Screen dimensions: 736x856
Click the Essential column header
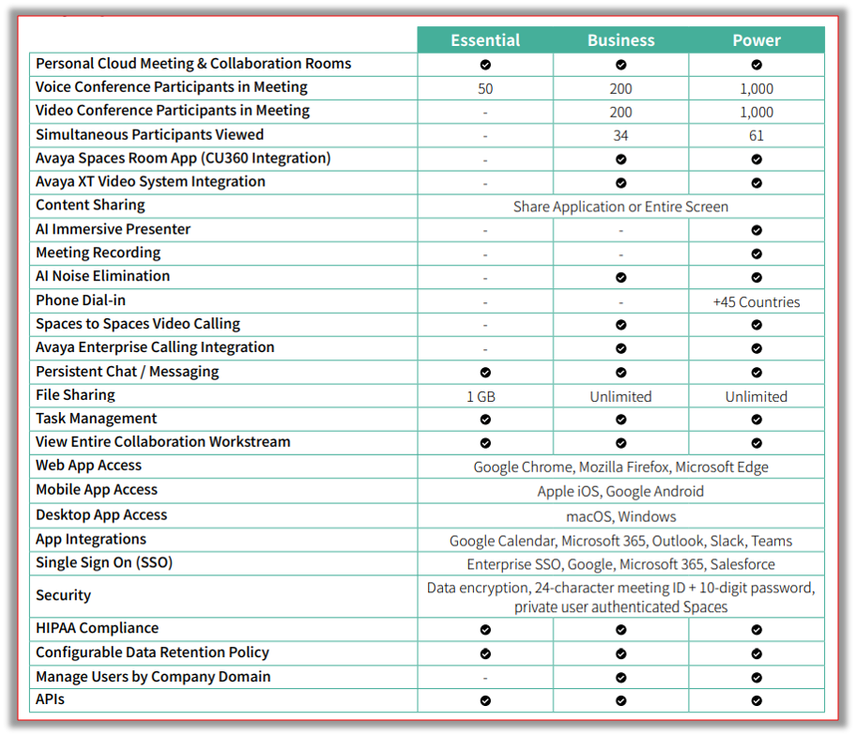(x=485, y=40)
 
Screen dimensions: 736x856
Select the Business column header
(x=620, y=40)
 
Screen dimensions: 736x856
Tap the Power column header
(x=757, y=40)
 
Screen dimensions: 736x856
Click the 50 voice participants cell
(x=485, y=88)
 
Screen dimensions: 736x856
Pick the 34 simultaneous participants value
(x=620, y=135)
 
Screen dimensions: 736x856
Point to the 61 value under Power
(x=757, y=135)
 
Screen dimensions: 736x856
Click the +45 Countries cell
(x=757, y=302)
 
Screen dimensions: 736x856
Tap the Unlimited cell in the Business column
(x=620, y=396)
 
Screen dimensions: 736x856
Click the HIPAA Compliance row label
(x=97, y=628)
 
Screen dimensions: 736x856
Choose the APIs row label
(x=50, y=699)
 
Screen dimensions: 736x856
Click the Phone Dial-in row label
(x=81, y=300)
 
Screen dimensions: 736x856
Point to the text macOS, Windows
(x=620, y=516)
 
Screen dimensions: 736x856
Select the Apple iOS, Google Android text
(x=620, y=491)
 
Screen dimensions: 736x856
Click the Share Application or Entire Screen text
(x=620, y=207)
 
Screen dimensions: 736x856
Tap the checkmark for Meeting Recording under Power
(x=757, y=253)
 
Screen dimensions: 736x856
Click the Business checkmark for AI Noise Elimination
(x=620, y=278)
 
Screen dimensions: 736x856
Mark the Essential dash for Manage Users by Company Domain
(x=485, y=678)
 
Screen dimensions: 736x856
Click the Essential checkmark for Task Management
(x=485, y=420)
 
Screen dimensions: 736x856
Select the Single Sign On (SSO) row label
(x=103, y=562)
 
